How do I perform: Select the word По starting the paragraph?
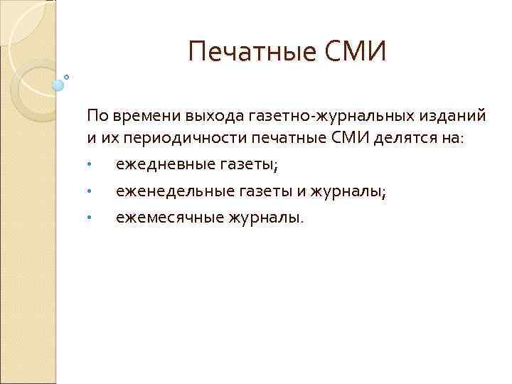95,114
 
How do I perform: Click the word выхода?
208,114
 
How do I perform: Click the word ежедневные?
158,165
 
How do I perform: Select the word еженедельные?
166,191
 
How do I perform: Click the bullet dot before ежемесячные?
89,218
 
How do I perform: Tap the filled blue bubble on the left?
58,85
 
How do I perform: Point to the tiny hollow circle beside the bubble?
67,76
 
